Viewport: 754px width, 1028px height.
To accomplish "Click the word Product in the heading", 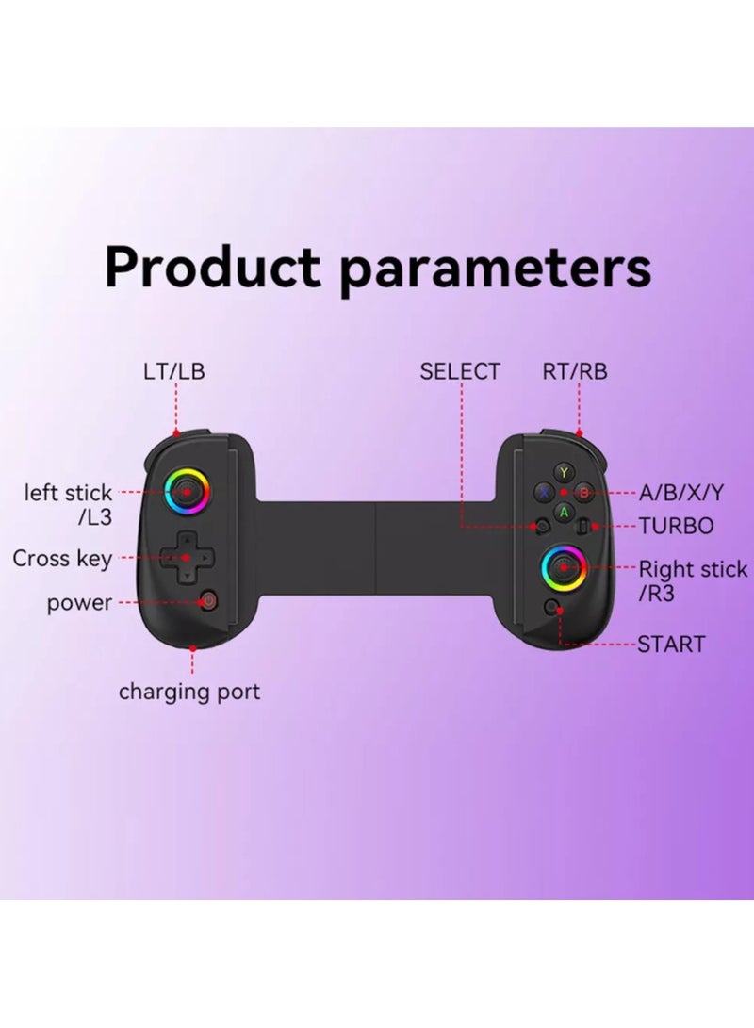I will [213, 267].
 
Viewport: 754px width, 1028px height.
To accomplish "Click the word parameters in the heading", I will [495, 269].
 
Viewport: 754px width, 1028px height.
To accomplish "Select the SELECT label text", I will [460, 371].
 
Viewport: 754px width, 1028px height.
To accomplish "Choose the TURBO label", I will [676, 526].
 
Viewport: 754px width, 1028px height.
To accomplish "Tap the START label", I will [671, 645].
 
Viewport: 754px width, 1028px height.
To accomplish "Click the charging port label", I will [189, 693].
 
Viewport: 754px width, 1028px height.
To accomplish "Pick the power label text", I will [80, 603].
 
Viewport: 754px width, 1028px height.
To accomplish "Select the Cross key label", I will [62, 559].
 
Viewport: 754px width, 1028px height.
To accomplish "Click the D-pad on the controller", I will [186, 557].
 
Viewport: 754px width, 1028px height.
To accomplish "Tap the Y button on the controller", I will [564, 472].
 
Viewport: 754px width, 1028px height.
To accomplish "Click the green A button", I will [564, 512].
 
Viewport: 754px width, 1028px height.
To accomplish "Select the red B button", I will [583, 492].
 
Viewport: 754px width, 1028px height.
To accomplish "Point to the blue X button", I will [544, 492].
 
